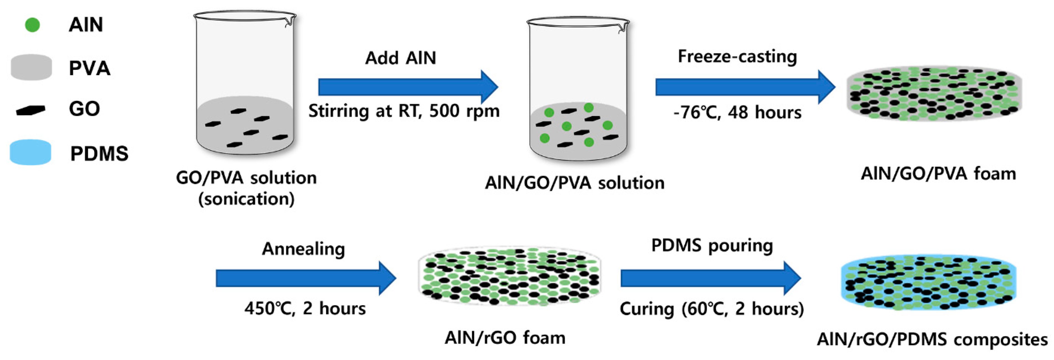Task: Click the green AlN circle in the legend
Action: [x=32, y=25]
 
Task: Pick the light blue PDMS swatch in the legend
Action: [x=30, y=152]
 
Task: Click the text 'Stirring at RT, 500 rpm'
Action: [x=404, y=111]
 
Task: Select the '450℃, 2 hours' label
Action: [x=305, y=308]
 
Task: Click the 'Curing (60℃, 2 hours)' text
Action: [x=712, y=309]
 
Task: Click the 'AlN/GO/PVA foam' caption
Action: [x=938, y=174]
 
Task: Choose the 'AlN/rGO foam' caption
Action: [x=505, y=338]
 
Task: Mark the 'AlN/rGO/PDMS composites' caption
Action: [x=932, y=339]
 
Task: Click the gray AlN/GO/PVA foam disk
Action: [x=934, y=95]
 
